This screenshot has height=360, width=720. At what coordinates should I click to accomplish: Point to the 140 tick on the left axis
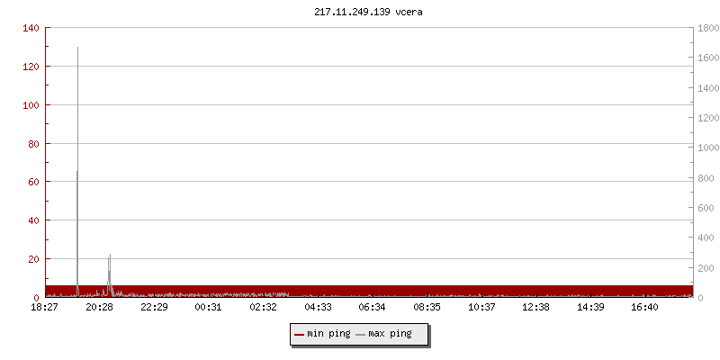(x=31, y=28)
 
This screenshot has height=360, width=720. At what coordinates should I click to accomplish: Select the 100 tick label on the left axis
(x=31, y=105)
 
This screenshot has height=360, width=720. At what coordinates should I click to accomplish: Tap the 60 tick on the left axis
(x=34, y=182)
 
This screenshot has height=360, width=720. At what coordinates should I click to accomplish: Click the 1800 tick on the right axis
(x=706, y=28)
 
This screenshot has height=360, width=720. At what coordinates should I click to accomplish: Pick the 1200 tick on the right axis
(x=706, y=118)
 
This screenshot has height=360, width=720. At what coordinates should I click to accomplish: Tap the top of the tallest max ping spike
(x=78, y=48)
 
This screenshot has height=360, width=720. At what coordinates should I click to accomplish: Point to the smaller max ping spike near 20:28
(x=110, y=256)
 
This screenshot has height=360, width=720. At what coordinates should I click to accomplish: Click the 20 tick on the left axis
(x=34, y=259)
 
